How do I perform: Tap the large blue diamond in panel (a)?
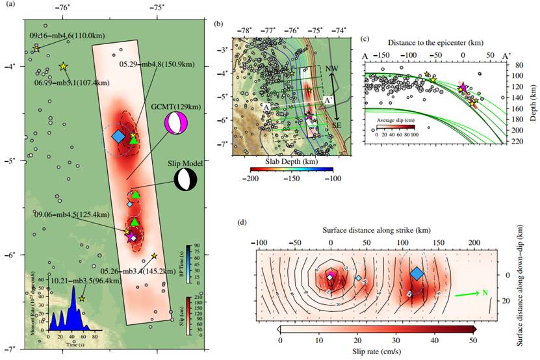click(x=118, y=136)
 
